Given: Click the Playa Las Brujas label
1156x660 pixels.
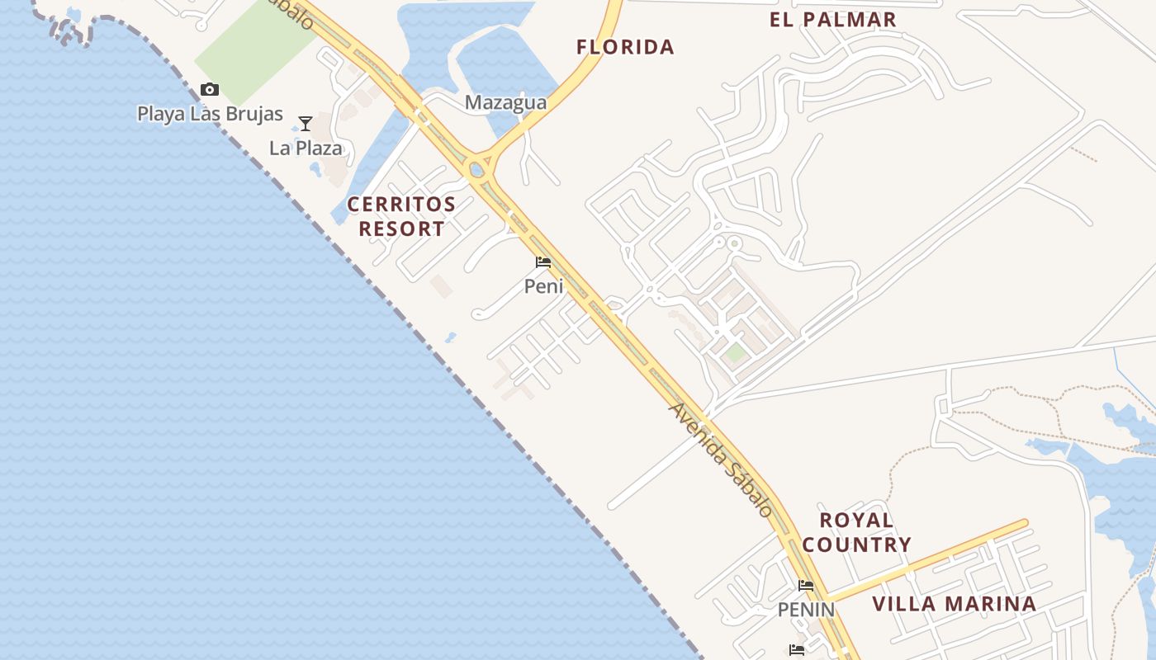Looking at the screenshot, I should pyautogui.click(x=210, y=114).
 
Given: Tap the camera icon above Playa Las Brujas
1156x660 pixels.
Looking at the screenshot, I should pyautogui.click(x=210, y=89).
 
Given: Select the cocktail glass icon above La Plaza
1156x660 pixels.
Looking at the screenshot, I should pyautogui.click(x=306, y=124).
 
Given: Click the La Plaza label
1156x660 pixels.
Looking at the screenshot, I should pyautogui.click(x=306, y=148).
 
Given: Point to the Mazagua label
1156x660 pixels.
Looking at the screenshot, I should pyautogui.click(x=505, y=102).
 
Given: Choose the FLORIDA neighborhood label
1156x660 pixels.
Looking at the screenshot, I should pyautogui.click(x=625, y=47).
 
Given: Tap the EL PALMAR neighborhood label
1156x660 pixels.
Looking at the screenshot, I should pyautogui.click(x=832, y=20).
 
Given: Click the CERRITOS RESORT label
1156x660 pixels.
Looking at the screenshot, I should pyautogui.click(x=401, y=216).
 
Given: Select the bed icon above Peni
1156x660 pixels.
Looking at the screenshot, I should pyautogui.click(x=543, y=262).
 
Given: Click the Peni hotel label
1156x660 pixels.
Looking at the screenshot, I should pyautogui.click(x=543, y=286).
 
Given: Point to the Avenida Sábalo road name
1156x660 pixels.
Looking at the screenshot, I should pyautogui.click(x=721, y=459).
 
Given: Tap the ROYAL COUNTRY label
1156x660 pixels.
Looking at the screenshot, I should pyautogui.click(x=856, y=532).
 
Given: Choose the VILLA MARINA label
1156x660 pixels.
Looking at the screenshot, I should pyautogui.click(x=954, y=604).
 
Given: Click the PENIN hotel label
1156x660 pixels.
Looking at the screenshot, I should pyautogui.click(x=806, y=610).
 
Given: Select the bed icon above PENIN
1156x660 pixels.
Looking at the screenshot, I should pyautogui.click(x=806, y=586).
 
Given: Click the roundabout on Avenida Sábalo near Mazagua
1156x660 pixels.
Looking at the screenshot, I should pyautogui.click(x=476, y=170).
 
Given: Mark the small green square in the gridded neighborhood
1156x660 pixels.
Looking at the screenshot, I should pyautogui.click(x=735, y=353).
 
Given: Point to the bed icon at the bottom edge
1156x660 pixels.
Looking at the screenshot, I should pyautogui.click(x=797, y=650).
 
